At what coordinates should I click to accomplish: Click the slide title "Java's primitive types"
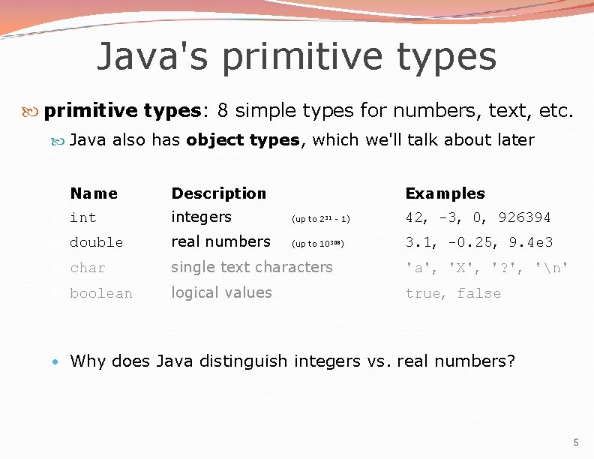pyautogui.click(x=296, y=56)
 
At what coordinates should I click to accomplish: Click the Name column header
pyautogui.click(x=94, y=193)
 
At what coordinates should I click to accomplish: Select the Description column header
pyautogui.click(x=218, y=193)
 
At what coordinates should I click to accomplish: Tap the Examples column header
pyautogui.click(x=445, y=193)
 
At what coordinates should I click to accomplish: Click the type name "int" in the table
pyautogui.click(x=82, y=218)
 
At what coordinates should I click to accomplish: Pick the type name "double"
pyautogui.click(x=96, y=243)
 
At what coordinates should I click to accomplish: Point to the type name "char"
pyautogui.click(x=87, y=268)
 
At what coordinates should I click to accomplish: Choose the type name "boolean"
pyautogui.click(x=100, y=294)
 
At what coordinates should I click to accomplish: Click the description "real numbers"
pyautogui.click(x=220, y=241)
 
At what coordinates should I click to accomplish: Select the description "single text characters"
pyautogui.click(x=251, y=267)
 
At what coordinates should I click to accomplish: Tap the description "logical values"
pyautogui.click(x=221, y=292)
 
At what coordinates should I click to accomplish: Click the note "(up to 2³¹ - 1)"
pyautogui.click(x=320, y=219)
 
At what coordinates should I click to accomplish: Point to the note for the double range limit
pyautogui.click(x=318, y=244)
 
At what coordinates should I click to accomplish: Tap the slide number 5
pyautogui.click(x=576, y=442)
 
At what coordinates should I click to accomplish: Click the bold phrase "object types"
pyautogui.click(x=243, y=140)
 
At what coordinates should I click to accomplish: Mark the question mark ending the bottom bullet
pyautogui.click(x=511, y=361)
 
